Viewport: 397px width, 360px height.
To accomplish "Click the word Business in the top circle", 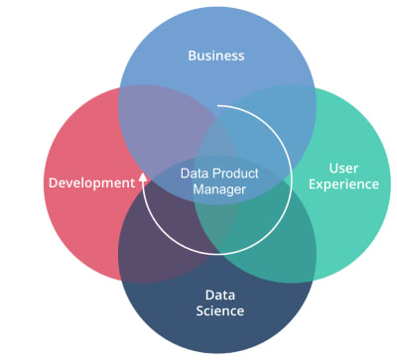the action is (x=216, y=55).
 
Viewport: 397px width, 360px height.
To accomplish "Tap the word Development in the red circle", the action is (x=90, y=182).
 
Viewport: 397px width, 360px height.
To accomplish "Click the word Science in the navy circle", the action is (x=218, y=311).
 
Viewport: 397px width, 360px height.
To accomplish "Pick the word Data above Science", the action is (x=219, y=295).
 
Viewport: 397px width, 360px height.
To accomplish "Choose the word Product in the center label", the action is (x=235, y=174).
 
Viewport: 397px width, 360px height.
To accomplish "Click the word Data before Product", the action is (x=196, y=174).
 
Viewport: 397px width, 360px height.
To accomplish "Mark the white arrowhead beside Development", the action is (x=143, y=179).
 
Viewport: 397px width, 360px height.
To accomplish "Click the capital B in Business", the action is (x=193, y=55).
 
